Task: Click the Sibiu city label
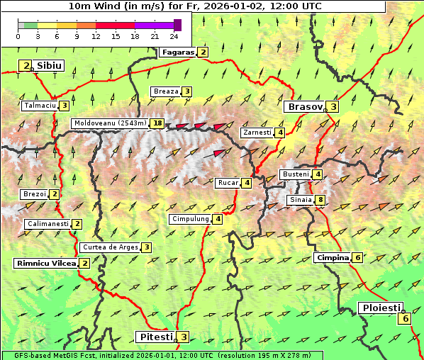pos(50,66)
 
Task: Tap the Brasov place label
pos(304,107)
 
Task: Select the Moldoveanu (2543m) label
pos(110,123)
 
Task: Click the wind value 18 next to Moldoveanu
pos(157,123)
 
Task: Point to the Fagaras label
pos(177,52)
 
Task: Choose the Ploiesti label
pos(381,308)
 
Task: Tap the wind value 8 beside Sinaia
pos(320,200)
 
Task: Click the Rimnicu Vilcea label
pos(45,263)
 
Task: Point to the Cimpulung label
pos(190,219)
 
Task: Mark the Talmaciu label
pos(40,106)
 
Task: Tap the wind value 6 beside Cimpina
pos(357,257)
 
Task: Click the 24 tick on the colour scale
pos(174,36)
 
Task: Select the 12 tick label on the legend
pos(96,36)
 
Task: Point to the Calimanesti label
pos(48,224)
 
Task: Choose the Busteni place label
pos(295,174)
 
